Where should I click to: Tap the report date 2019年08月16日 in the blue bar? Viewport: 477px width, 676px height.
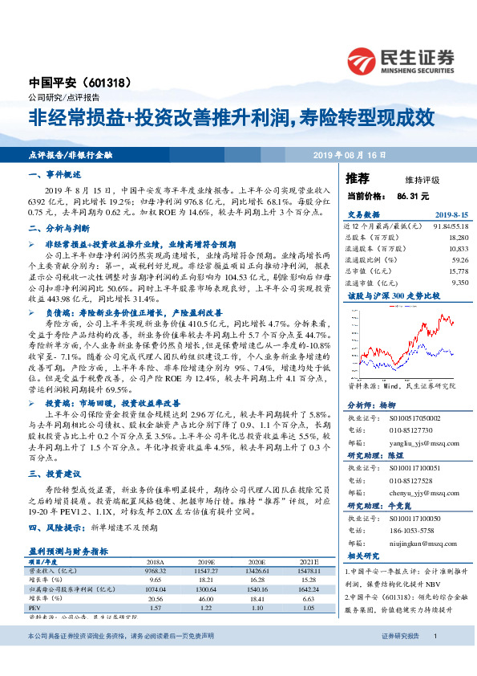pos(350,153)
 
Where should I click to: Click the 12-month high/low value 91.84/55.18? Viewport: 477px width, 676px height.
pos(450,226)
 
